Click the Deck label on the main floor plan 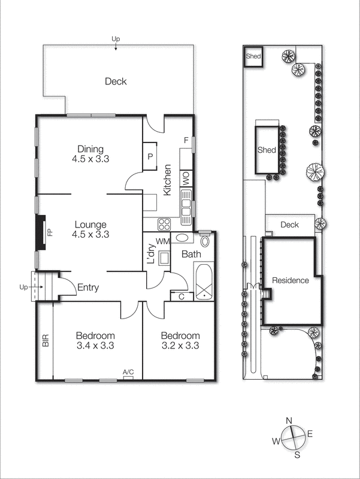(x=116, y=81)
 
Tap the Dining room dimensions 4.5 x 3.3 (x=90, y=159)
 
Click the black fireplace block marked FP (x=41, y=233)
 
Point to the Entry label (x=88, y=288)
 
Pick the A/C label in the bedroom (x=128, y=373)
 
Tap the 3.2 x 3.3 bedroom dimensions (x=180, y=345)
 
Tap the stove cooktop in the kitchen (x=165, y=224)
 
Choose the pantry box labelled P (x=149, y=156)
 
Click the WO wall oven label (x=186, y=178)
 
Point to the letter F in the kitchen (x=186, y=141)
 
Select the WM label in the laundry (x=162, y=241)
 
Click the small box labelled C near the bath (x=180, y=296)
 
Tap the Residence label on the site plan (x=290, y=280)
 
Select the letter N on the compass (x=289, y=420)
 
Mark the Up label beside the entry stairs (x=23, y=287)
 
